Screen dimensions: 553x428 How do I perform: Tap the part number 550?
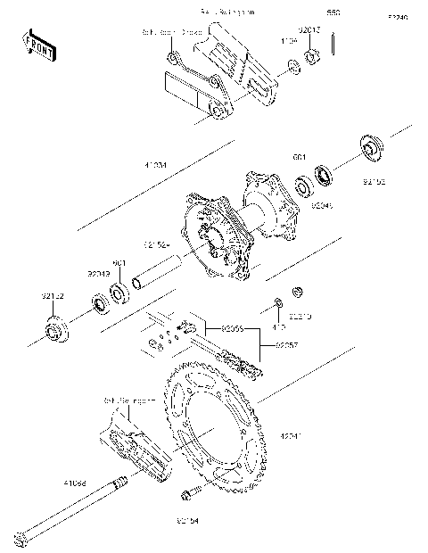[333, 13]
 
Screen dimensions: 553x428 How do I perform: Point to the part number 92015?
[309, 29]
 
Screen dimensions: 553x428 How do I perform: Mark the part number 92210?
[300, 316]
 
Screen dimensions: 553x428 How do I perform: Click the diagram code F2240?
[398, 17]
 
